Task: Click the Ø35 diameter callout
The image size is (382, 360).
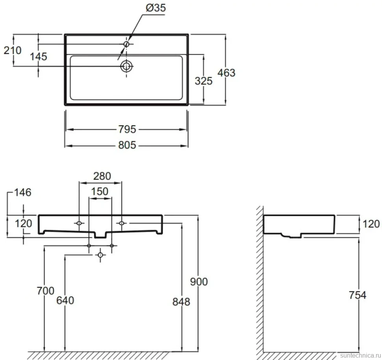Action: click(x=156, y=7)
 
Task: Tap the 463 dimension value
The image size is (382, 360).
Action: click(x=226, y=73)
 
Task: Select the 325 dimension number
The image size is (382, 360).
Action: click(x=204, y=81)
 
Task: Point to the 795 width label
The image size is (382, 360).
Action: click(x=127, y=129)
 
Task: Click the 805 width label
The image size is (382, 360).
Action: click(x=127, y=145)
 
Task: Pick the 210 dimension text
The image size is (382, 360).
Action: click(x=13, y=50)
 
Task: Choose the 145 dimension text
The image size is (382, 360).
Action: click(x=39, y=57)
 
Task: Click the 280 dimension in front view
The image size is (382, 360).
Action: click(x=102, y=176)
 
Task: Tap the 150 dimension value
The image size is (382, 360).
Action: click(x=100, y=192)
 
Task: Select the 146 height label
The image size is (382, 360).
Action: click(x=23, y=192)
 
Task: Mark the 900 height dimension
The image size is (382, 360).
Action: click(x=199, y=282)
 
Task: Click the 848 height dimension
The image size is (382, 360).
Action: click(x=181, y=302)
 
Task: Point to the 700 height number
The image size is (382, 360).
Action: click(x=45, y=291)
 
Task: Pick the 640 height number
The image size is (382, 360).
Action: click(x=65, y=300)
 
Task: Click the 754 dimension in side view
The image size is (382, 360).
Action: click(x=358, y=295)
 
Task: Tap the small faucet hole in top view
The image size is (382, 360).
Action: click(x=126, y=44)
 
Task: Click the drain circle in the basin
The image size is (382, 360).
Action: click(x=126, y=66)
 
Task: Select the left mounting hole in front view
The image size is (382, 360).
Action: click(x=79, y=223)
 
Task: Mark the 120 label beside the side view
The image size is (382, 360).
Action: click(x=371, y=224)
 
